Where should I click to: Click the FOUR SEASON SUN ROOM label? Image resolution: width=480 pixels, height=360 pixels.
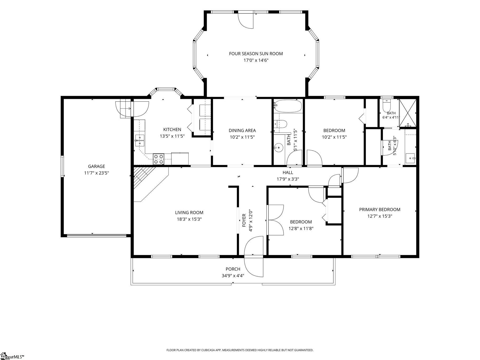(256, 54)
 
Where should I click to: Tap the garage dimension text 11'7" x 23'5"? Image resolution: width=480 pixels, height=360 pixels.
(97, 173)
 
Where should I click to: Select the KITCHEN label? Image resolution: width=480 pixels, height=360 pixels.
(172, 129)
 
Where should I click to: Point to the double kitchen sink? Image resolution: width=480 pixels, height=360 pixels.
(140, 140)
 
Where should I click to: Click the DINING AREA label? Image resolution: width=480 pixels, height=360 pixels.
(242, 130)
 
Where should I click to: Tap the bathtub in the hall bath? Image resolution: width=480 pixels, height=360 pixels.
(288, 106)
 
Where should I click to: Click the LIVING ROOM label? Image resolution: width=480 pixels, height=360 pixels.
(189, 212)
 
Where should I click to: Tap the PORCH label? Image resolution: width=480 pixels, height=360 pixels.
(233, 269)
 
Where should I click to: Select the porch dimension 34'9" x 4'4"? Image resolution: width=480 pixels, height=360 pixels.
(233, 276)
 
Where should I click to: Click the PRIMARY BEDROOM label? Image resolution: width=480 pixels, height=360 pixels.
(380, 209)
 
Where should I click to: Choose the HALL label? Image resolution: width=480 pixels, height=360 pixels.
(288, 172)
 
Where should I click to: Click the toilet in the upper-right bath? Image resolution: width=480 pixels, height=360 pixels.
(387, 105)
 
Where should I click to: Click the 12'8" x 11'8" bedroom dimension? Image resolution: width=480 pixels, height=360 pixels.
(301, 228)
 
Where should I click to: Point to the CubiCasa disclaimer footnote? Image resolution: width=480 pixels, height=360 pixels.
(240, 350)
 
